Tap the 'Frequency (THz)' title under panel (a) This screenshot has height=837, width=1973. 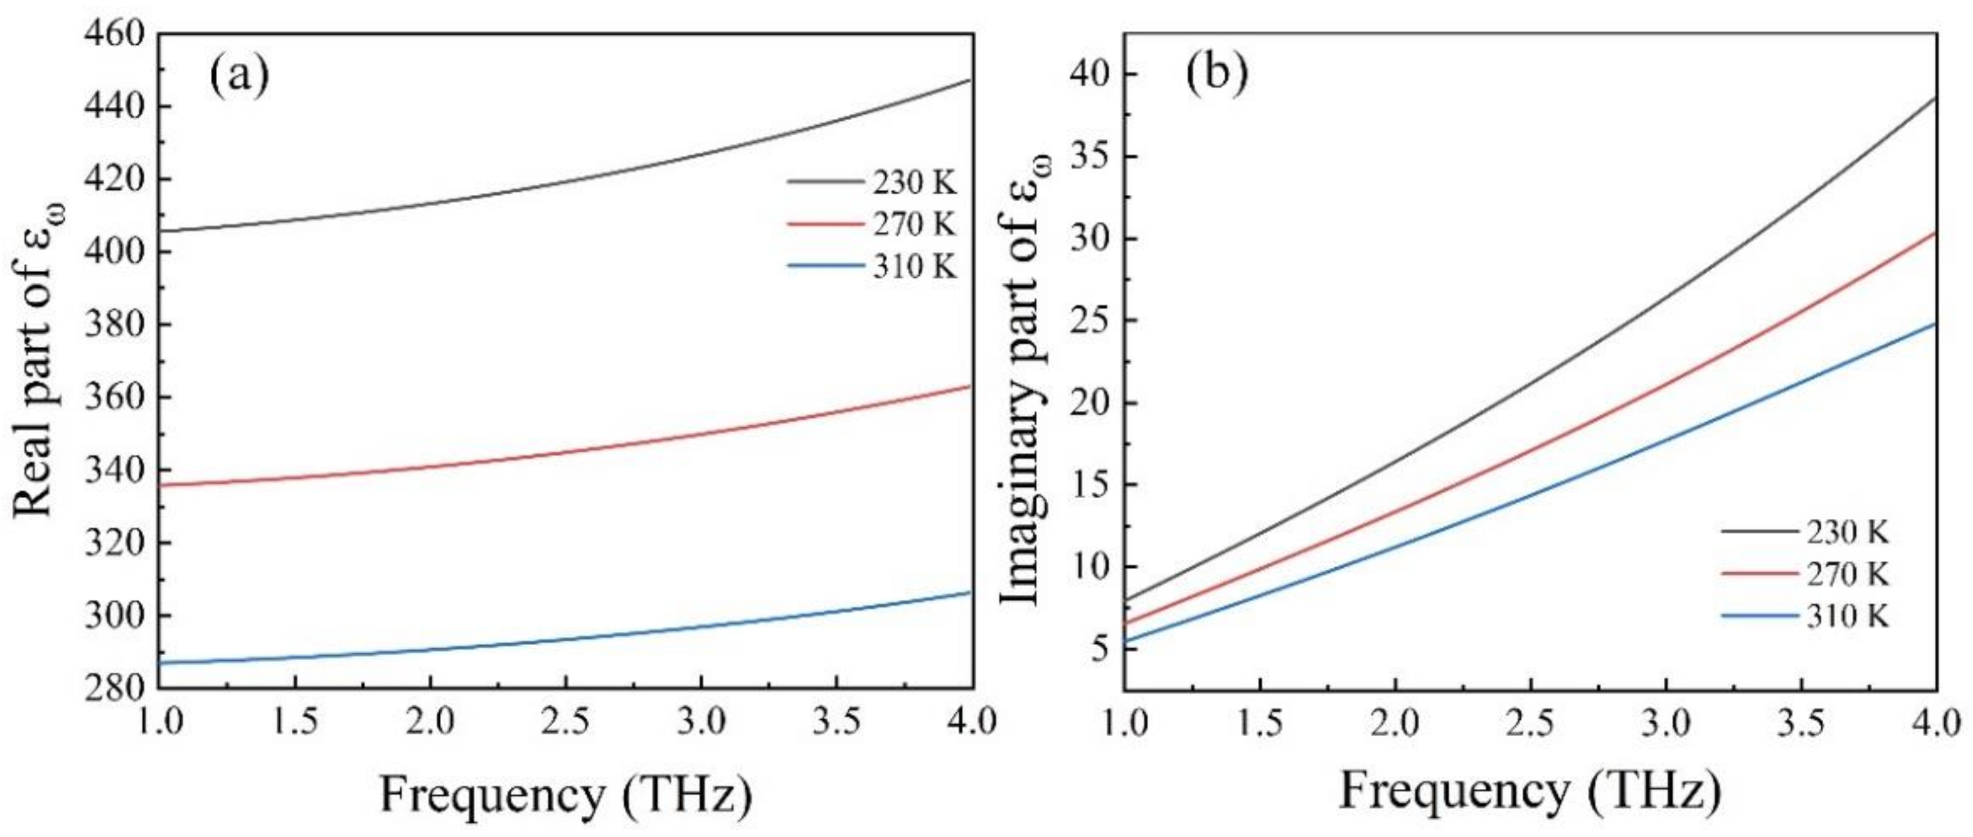[x=565, y=795]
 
